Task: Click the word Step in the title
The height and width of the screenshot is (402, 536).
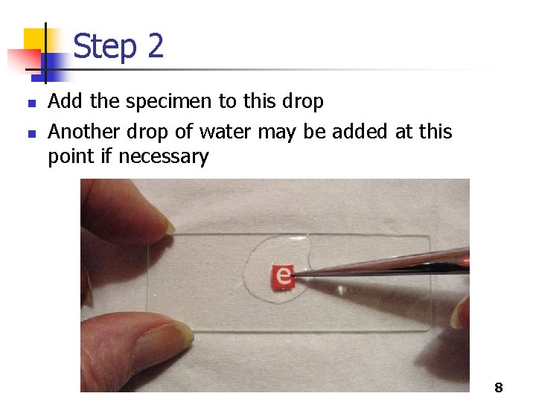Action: (x=105, y=47)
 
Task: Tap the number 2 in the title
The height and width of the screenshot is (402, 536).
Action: (x=156, y=45)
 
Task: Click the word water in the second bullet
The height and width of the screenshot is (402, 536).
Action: (x=225, y=131)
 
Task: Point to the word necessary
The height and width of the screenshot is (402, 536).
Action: (x=163, y=157)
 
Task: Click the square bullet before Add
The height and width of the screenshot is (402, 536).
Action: (x=32, y=103)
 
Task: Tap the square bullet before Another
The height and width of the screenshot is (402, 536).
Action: (x=32, y=133)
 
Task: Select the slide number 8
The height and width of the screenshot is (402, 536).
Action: (x=498, y=387)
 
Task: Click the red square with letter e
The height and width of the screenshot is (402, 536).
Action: (x=283, y=276)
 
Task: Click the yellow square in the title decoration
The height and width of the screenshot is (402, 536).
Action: (x=35, y=40)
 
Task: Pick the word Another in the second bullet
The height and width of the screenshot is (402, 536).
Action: (x=83, y=131)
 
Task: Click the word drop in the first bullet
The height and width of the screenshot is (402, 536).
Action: (x=302, y=101)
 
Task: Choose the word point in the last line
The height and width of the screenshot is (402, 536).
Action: (x=71, y=156)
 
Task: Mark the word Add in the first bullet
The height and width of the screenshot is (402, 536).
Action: (x=65, y=100)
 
